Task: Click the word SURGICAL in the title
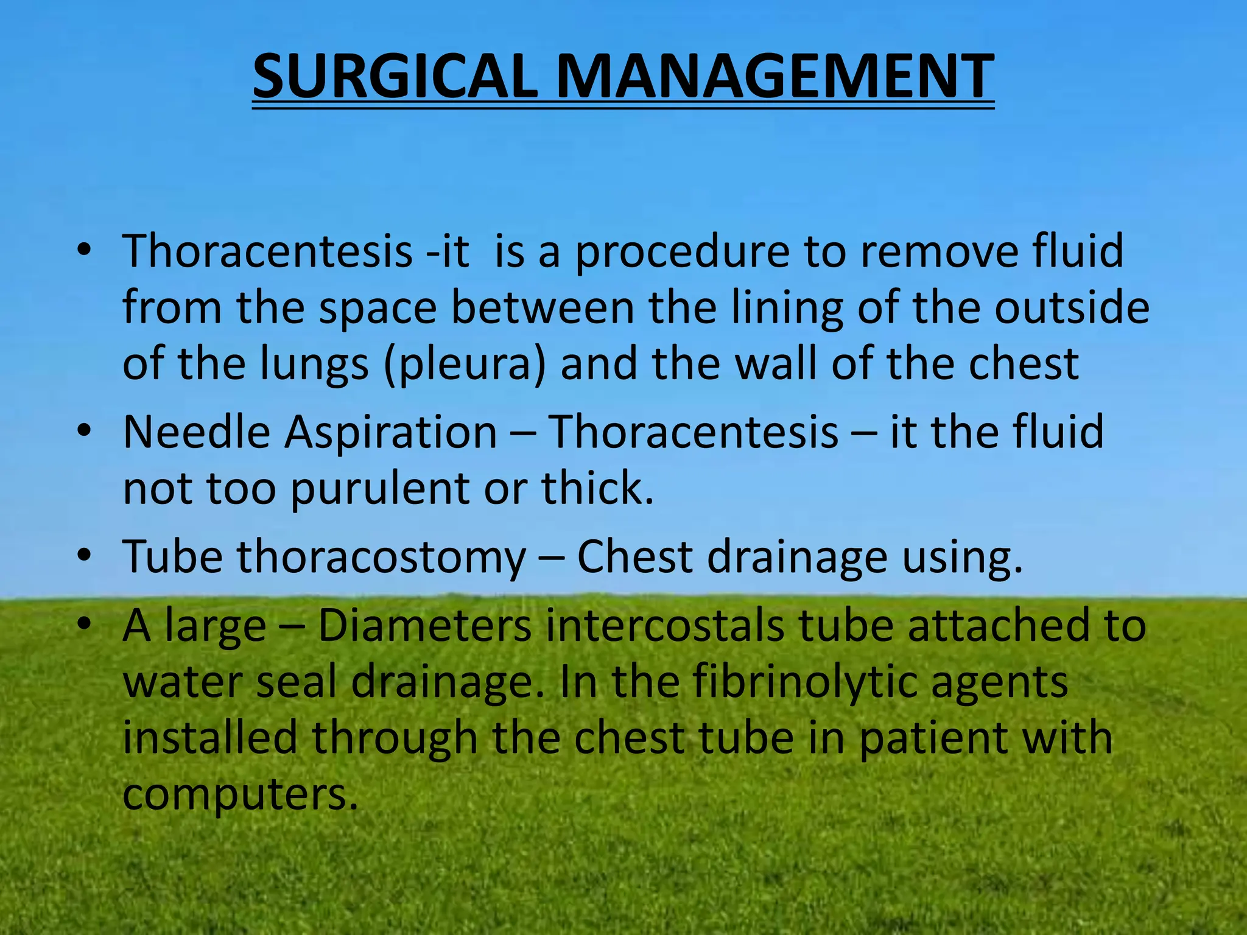point(395,77)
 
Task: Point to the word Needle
point(196,432)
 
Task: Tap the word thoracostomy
point(381,557)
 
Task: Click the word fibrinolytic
point(804,682)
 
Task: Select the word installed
point(210,737)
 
